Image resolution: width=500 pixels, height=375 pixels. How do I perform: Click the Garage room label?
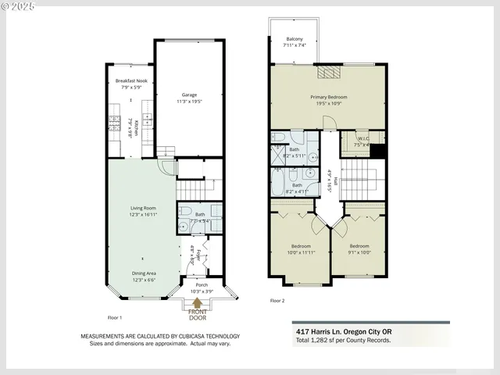184,98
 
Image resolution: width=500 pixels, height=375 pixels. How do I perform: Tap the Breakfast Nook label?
131,84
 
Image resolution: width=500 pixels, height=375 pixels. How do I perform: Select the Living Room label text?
143,210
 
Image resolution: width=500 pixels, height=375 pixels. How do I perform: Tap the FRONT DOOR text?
196,315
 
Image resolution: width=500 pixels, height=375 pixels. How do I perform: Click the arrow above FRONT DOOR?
196,303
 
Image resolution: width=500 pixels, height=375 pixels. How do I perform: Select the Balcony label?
294,41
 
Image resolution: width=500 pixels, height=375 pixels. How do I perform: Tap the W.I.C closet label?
361,144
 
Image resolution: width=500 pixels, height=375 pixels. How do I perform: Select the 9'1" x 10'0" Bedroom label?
359,249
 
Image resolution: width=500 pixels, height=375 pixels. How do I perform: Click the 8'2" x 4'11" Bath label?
297,188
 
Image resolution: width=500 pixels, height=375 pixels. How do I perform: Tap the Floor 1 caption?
118,318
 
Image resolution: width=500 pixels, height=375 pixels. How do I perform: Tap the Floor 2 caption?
277,300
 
